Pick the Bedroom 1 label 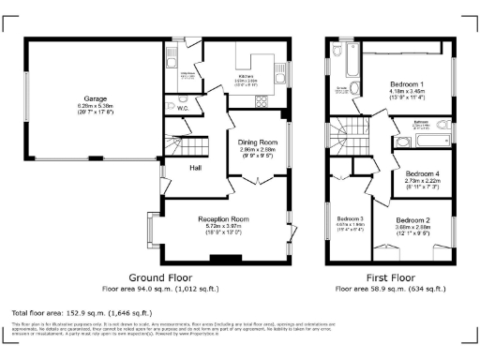(408, 84)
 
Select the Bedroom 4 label (421, 174)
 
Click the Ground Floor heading (160, 278)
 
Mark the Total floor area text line (71, 310)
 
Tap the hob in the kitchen (260, 102)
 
